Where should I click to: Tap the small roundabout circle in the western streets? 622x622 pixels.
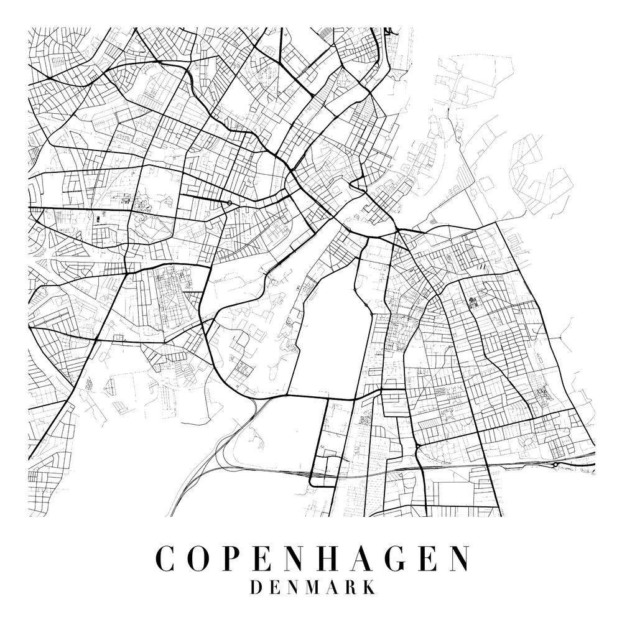230,203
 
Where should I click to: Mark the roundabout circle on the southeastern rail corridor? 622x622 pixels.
554,464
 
